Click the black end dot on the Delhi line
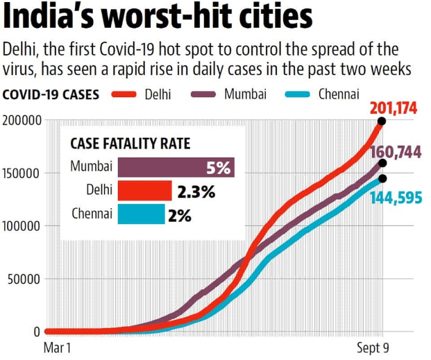(382, 121)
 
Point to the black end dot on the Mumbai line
(382, 164)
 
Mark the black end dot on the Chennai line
(382, 179)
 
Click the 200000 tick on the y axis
(22, 121)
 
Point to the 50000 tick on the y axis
(26, 280)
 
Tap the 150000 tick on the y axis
(22, 173)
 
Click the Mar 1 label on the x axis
(58, 346)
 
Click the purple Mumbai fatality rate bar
(176, 167)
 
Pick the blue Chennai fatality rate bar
(141, 214)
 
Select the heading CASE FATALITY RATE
(130, 144)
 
